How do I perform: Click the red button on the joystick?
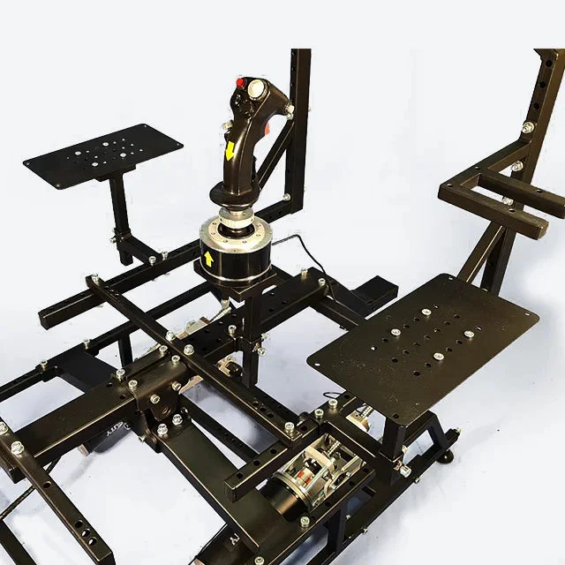click(239, 84)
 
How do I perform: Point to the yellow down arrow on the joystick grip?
click(230, 150)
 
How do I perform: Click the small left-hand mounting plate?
click(102, 154)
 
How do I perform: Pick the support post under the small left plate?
click(119, 212)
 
